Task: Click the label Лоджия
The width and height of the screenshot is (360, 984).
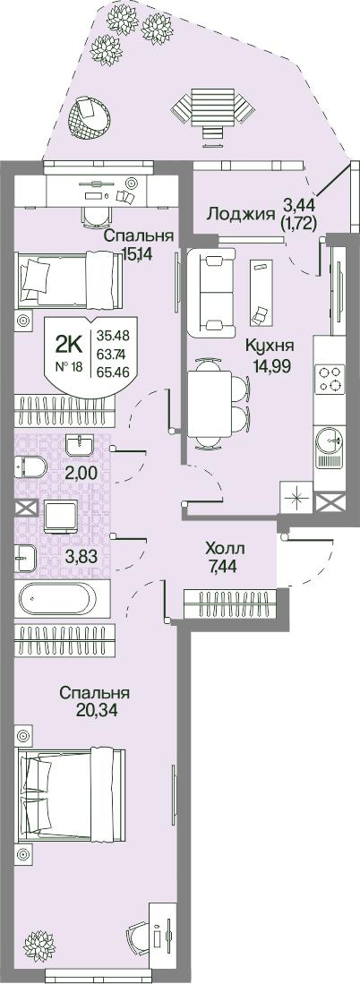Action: click(242, 213)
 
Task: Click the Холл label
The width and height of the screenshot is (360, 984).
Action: click(225, 549)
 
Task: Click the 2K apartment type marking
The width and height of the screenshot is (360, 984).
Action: click(68, 343)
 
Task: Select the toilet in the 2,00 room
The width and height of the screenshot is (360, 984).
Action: click(30, 466)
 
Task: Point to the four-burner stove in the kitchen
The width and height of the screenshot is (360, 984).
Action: click(330, 380)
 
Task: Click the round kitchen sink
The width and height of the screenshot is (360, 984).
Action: click(330, 440)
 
